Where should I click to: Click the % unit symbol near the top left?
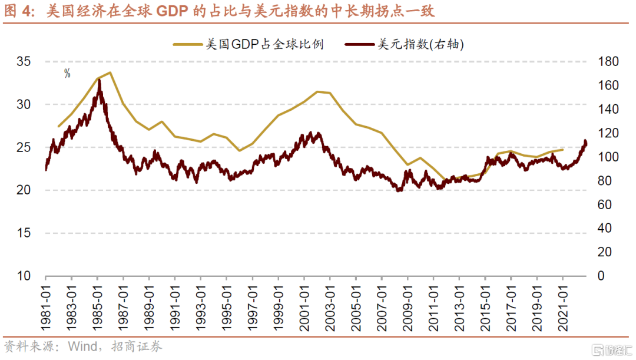coord(67,73)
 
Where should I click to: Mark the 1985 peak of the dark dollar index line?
coord(99,80)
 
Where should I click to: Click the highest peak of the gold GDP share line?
coord(110,72)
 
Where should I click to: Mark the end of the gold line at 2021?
coord(563,150)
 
